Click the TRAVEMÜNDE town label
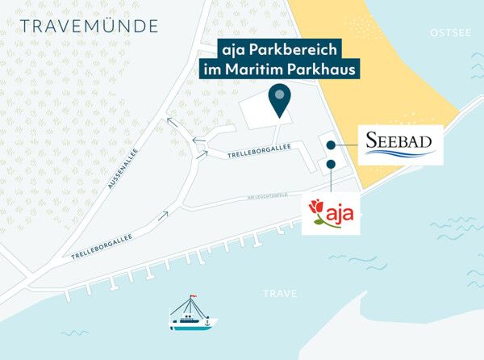89,26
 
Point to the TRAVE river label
279,294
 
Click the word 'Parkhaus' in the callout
322,70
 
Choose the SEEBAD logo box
401,144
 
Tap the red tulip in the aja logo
317,211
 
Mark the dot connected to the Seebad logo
331,144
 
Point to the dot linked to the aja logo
331,165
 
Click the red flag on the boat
193,298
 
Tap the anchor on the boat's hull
207,323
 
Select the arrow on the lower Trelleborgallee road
165,215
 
